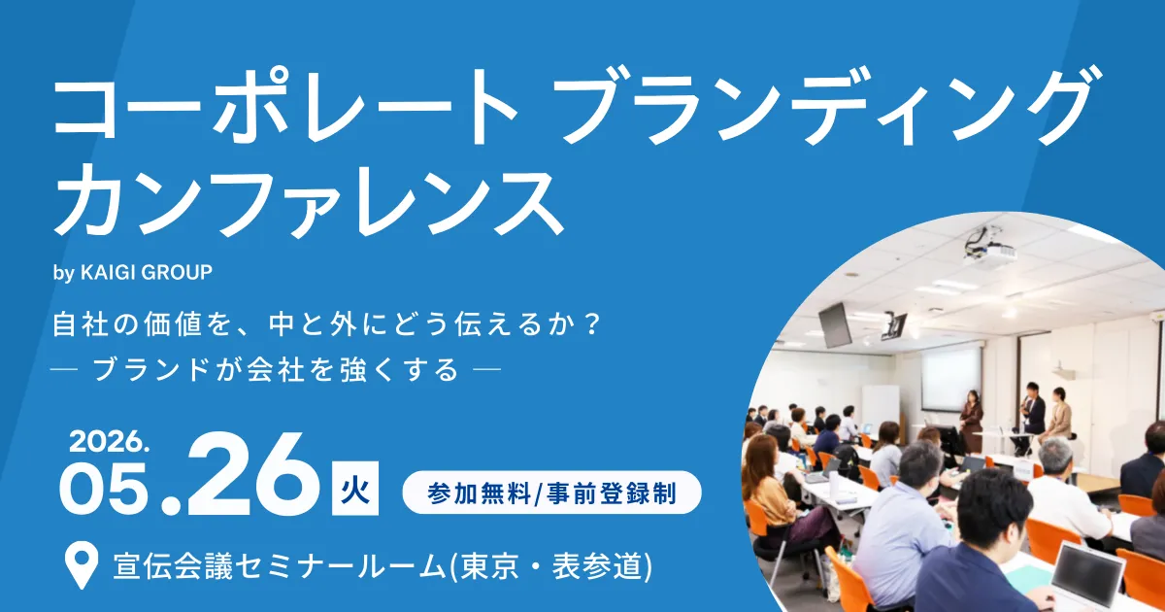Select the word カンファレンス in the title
click(x=309, y=201)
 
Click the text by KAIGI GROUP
click(x=133, y=273)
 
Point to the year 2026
click(x=109, y=442)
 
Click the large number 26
click(x=253, y=474)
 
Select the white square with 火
click(x=355, y=488)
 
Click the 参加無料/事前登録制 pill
click(x=551, y=493)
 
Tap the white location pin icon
click(x=82, y=564)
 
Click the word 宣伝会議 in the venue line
click(x=173, y=566)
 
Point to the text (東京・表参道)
click(x=550, y=566)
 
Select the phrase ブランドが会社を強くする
click(x=276, y=369)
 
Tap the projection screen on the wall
click(x=951, y=378)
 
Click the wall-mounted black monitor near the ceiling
click(x=835, y=325)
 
